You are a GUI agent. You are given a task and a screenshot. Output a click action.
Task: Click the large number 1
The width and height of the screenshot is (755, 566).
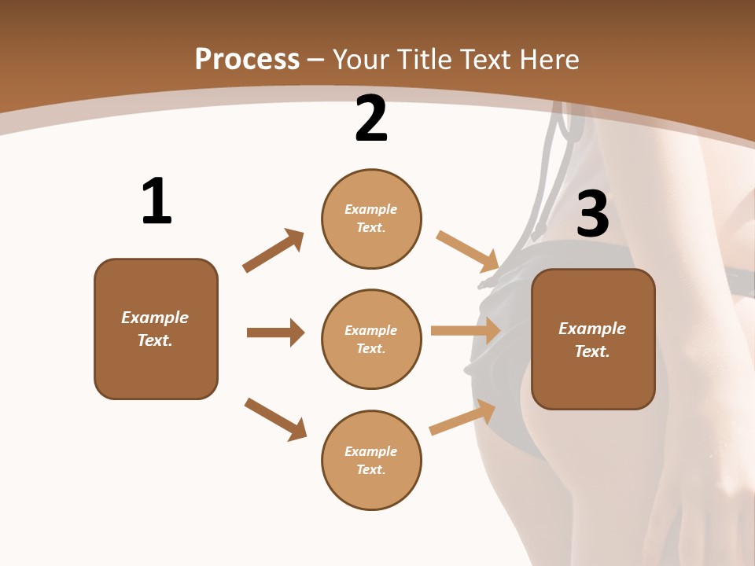tap(157, 202)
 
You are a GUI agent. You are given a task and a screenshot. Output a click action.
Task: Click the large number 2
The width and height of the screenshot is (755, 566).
tap(371, 119)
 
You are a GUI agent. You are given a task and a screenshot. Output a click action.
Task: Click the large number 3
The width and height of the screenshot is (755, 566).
tap(592, 215)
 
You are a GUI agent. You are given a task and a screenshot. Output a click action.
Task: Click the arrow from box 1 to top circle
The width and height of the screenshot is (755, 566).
tap(274, 251)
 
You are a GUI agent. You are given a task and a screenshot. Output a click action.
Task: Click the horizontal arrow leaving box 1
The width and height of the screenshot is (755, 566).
tap(275, 333)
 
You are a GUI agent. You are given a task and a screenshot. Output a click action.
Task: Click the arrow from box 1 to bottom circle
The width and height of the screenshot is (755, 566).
tap(275, 419)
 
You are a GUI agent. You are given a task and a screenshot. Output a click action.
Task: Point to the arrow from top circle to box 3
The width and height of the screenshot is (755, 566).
tap(468, 252)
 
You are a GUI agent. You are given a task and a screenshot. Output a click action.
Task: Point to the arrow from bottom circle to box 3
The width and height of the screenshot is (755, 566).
tap(462, 417)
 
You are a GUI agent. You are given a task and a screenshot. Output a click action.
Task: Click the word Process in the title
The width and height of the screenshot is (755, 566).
tap(247, 59)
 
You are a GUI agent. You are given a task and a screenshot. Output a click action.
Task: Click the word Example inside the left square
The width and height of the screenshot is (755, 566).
tap(155, 318)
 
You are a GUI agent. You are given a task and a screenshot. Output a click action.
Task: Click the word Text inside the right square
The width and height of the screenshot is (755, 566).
tap(592, 351)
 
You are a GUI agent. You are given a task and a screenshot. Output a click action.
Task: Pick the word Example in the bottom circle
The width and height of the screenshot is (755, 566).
tap(370, 451)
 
